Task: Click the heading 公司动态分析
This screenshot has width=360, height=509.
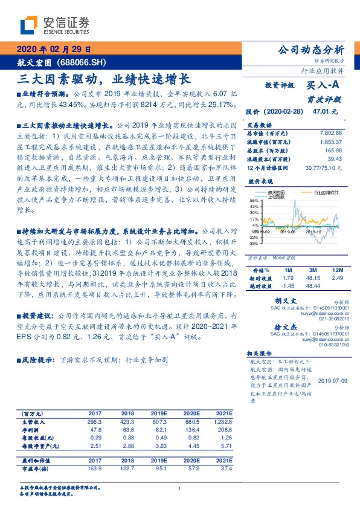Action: point(311,50)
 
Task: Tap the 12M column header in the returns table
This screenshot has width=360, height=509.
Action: point(338,270)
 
